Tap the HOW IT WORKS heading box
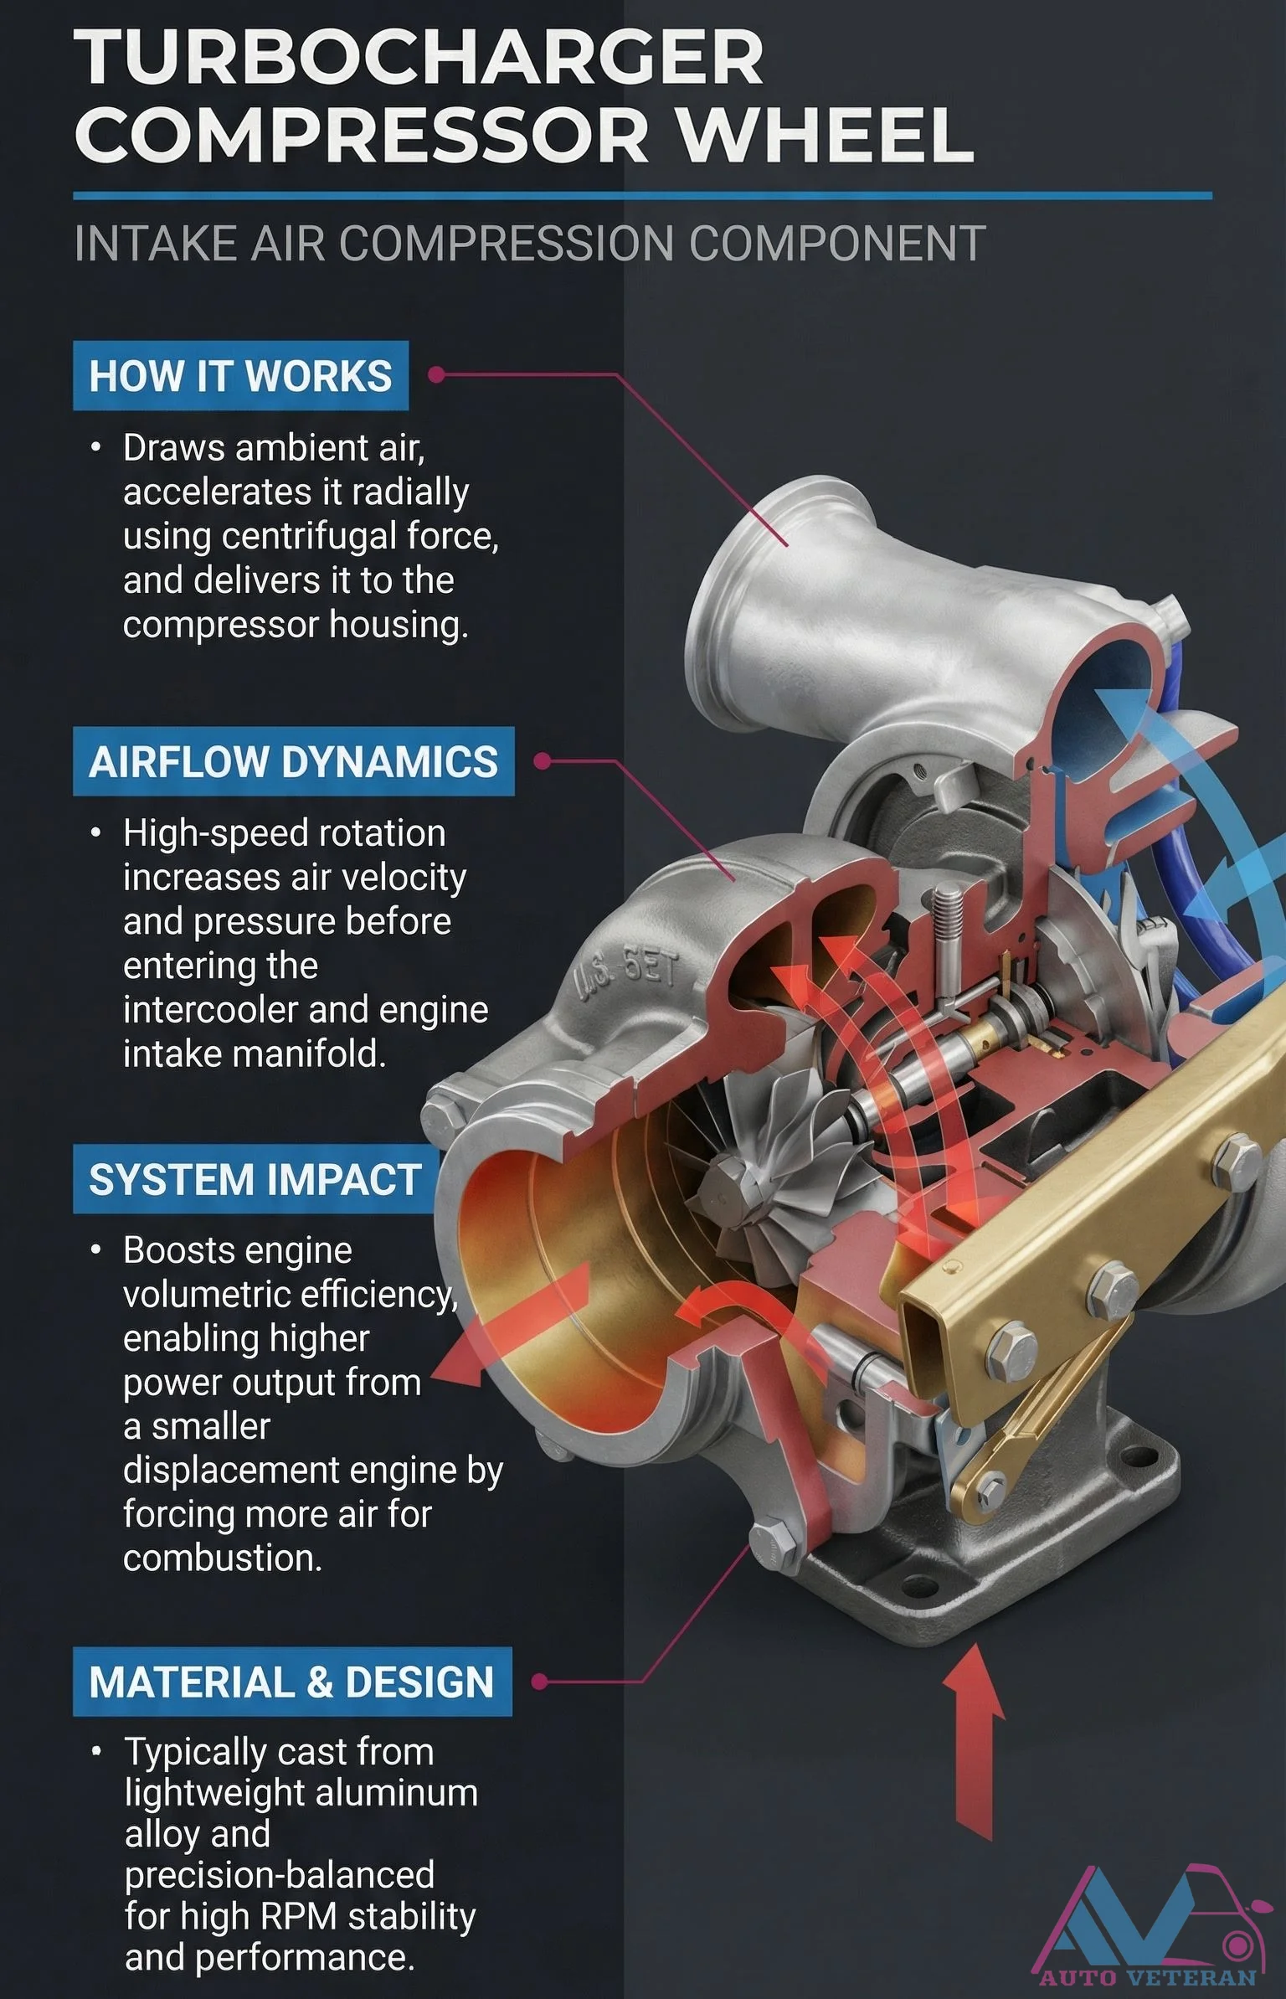[240, 376]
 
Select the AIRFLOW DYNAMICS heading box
[293, 761]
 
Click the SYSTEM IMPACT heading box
[255, 1179]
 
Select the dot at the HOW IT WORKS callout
[435, 374]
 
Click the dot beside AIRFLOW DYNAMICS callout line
[542, 761]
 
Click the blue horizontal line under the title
[642, 196]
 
